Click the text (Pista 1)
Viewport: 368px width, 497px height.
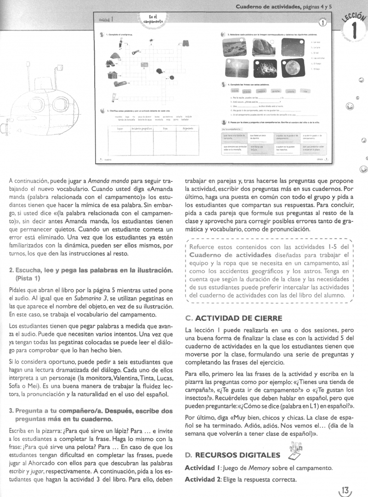click(28, 278)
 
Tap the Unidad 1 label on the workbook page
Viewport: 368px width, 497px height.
click(107, 20)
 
